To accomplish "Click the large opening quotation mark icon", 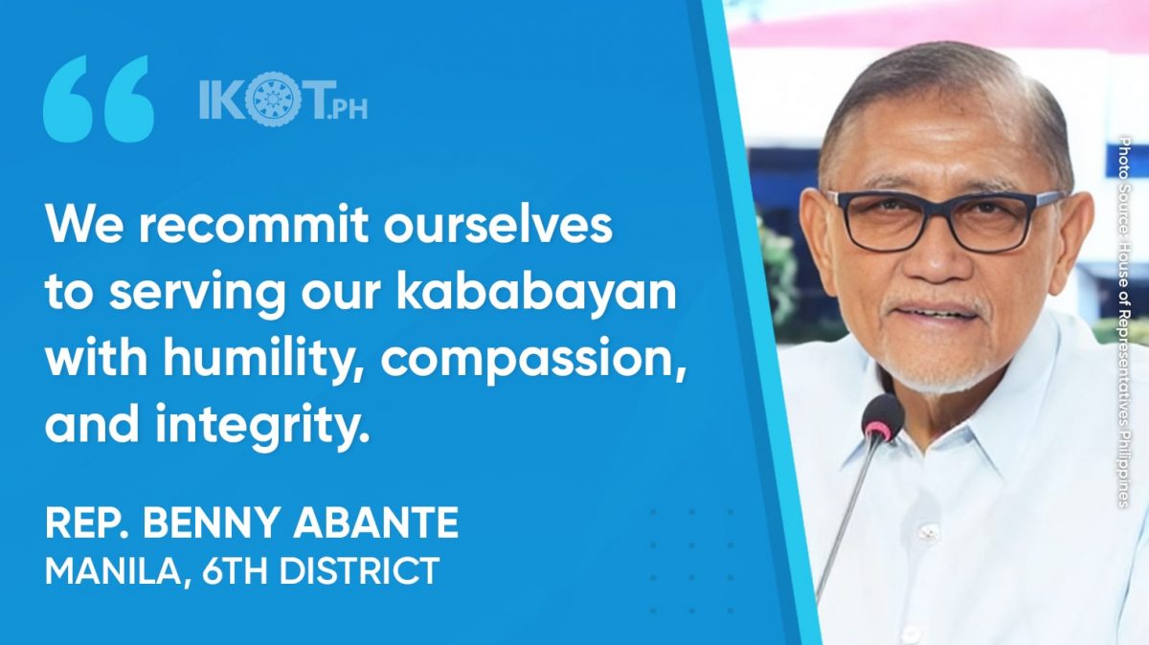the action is click(x=99, y=99).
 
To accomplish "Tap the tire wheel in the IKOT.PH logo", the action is click(x=270, y=100).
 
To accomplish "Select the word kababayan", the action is click(x=536, y=292).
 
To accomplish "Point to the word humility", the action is click(x=266, y=359).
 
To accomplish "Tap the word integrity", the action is click(x=262, y=425).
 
